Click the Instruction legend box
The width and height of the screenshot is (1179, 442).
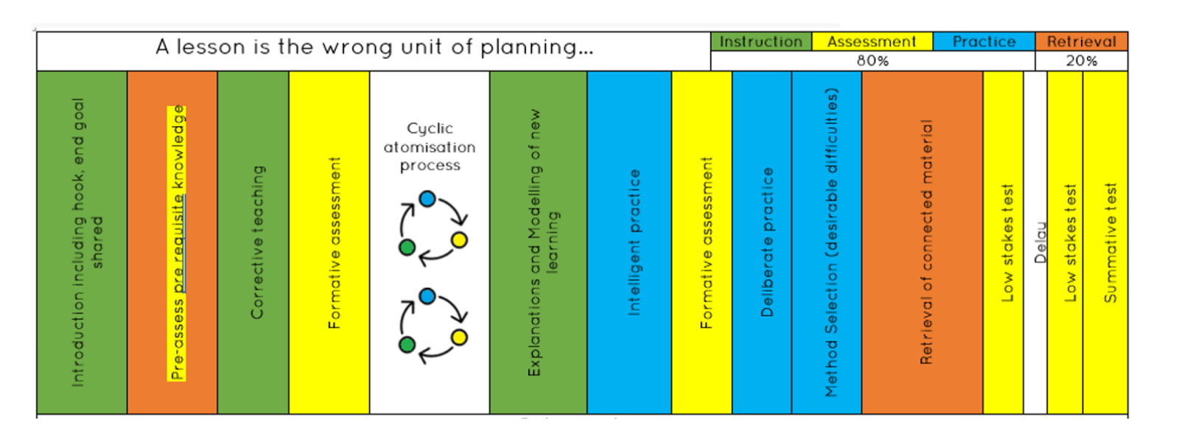(x=760, y=41)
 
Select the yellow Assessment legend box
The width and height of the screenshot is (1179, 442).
(x=872, y=41)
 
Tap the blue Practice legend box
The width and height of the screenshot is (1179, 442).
(x=984, y=41)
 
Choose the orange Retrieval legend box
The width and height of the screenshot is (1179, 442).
(x=1081, y=41)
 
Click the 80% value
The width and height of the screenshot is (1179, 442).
(x=872, y=61)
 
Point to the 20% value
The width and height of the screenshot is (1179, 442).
(x=1081, y=61)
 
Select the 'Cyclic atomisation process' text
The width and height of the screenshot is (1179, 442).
(x=430, y=147)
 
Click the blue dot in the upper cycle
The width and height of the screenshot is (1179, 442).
(x=427, y=198)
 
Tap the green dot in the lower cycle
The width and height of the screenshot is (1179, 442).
(x=407, y=344)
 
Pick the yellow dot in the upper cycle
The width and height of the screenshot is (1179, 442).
(x=459, y=240)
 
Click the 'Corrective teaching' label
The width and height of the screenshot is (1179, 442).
(x=257, y=242)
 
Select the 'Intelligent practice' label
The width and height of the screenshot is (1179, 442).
(x=634, y=242)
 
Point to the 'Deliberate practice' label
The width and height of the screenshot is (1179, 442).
(x=767, y=242)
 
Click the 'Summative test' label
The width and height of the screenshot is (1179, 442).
(x=1110, y=242)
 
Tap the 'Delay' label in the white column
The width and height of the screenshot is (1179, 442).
(x=1040, y=242)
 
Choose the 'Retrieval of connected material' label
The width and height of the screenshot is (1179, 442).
(x=926, y=242)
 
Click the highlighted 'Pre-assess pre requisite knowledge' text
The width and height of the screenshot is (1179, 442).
(x=178, y=242)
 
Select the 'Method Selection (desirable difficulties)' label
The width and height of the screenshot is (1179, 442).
(x=831, y=242)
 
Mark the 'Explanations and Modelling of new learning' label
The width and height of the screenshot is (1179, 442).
(x=543, y=242)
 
